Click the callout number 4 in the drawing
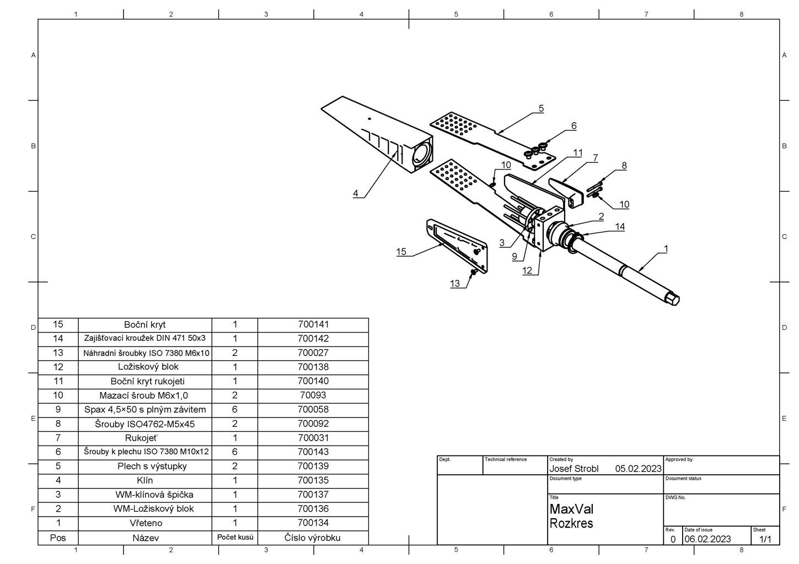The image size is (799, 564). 356,193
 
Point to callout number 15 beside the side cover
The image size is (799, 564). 401,252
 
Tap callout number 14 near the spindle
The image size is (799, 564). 620,226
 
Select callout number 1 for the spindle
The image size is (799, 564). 666,249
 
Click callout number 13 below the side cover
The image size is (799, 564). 455,284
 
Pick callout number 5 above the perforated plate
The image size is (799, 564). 541,109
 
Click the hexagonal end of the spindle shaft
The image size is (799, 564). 673,299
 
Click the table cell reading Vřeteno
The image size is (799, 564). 145,523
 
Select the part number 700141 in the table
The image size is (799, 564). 313,324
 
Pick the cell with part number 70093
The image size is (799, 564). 313,395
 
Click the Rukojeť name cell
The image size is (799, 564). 145,438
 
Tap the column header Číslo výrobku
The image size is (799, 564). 313,538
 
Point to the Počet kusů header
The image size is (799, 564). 235,537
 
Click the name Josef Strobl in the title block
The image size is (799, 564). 574,469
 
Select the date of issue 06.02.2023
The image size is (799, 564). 707,539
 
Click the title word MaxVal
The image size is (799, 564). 571,509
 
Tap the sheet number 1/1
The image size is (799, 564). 765,539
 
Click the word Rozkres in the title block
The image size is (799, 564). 571,523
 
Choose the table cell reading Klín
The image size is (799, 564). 145,480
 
